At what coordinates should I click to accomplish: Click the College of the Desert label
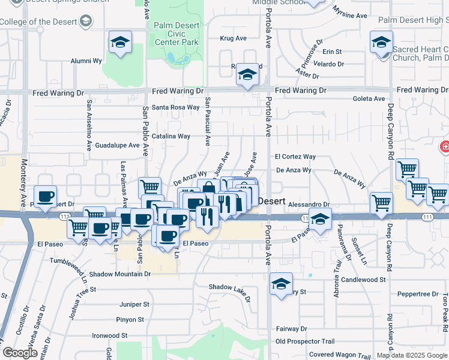38,22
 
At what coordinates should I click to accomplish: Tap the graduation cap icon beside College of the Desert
85,22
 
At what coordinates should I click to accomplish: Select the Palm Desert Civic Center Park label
176,34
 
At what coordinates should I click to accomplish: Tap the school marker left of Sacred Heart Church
381,43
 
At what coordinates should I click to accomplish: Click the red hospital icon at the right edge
445,146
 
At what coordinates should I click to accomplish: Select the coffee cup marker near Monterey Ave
46,196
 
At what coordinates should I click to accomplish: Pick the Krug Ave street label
234,38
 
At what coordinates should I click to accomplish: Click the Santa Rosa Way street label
175,107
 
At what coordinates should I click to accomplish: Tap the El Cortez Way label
295,157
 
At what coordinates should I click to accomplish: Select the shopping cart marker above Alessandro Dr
381,203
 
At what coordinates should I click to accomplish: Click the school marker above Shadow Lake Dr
280,283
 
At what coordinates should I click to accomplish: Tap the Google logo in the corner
20,353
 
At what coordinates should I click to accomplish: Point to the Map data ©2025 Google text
412,355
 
